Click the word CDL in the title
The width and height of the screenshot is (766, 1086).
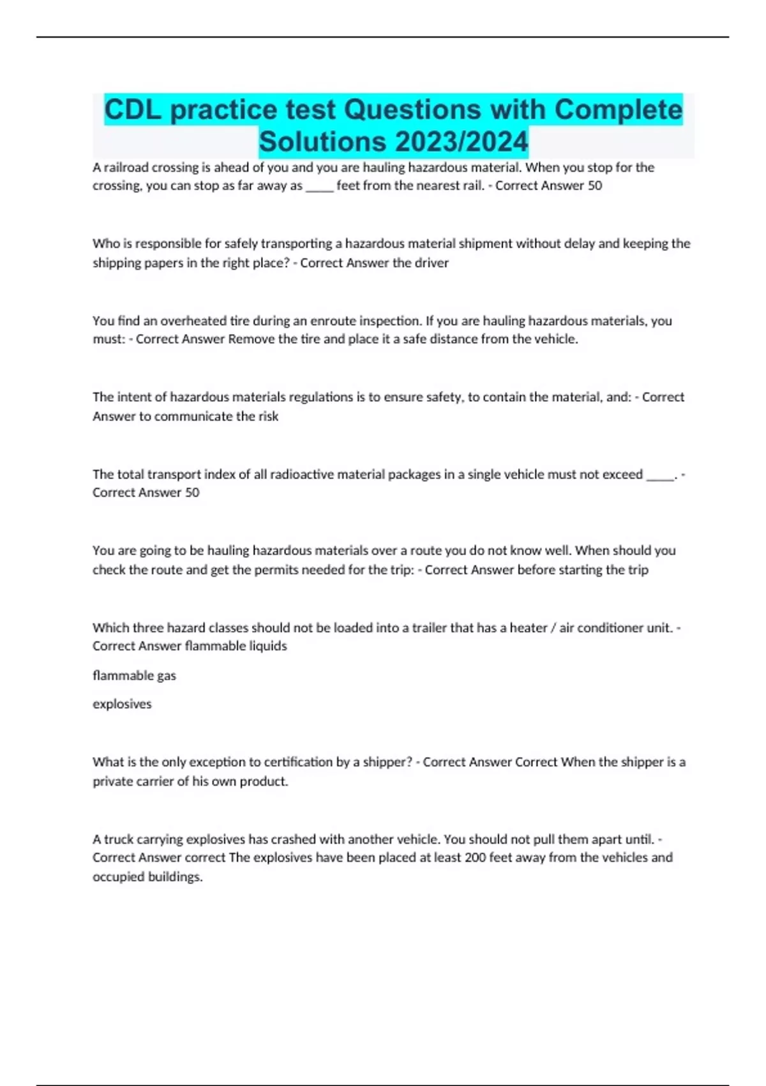coord(133,110)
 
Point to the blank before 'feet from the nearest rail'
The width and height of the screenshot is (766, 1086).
coord(319,186)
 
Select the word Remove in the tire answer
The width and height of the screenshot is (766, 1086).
coord(252,339)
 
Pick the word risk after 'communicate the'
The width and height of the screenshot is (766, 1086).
coord(268,417)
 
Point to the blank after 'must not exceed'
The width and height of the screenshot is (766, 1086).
coord(660,474)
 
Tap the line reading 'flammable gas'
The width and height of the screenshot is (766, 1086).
coord(134,675)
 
